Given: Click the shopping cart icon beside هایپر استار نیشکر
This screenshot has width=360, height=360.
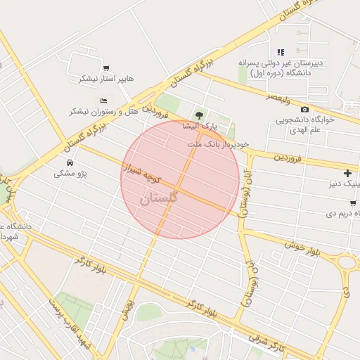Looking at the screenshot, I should click(105, 68).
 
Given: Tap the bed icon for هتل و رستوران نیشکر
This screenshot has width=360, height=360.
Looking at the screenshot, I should click(104, 99).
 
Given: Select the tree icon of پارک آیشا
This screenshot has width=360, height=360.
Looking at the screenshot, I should click(200, 115).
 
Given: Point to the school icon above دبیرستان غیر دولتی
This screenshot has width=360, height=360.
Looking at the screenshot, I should click(281, 52).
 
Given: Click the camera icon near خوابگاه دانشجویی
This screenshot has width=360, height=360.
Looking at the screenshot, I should click(304, 109).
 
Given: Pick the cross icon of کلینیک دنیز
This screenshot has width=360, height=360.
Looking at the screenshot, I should click(347, 173).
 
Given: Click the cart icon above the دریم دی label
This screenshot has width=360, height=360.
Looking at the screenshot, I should click(352, 202).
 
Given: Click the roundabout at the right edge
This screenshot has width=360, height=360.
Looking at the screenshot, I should click(348, 262).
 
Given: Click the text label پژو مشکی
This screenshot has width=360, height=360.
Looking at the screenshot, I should click(70, 173).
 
